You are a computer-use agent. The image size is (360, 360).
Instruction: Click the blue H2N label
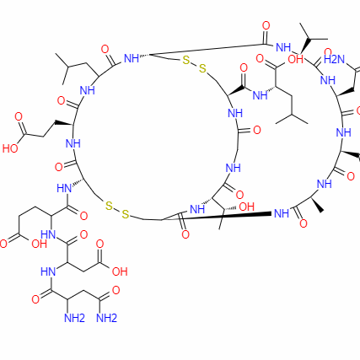[334, 59]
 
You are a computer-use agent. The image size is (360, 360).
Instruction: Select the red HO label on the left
[10, 148]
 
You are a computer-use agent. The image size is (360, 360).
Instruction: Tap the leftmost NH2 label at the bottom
[74, 318]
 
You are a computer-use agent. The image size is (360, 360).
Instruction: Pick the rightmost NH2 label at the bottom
[106, 318]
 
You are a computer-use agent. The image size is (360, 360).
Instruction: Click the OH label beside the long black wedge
[246, 207]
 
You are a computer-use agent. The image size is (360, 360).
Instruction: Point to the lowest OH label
[120, 271]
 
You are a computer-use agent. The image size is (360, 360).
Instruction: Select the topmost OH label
[296, 59]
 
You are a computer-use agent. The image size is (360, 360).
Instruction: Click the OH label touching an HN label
[40, 244]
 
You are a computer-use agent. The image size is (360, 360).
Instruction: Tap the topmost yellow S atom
[186, 60]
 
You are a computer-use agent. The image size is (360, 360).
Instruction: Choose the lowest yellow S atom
[125, 214]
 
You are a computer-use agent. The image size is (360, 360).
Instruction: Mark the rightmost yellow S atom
[202, 68]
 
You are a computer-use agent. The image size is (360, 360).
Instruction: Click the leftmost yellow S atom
[109, 206]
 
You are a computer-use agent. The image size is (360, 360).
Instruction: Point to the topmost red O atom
[266, 25]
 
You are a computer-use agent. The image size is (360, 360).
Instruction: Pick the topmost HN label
[64, 188]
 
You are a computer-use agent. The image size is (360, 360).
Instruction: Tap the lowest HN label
[48, 271]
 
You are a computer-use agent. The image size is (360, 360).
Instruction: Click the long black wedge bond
[217, 217]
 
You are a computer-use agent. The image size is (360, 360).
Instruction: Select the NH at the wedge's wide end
[282, 213]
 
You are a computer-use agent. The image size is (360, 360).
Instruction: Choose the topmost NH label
[283, 47]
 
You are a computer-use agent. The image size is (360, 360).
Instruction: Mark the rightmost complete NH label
[343, 132]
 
